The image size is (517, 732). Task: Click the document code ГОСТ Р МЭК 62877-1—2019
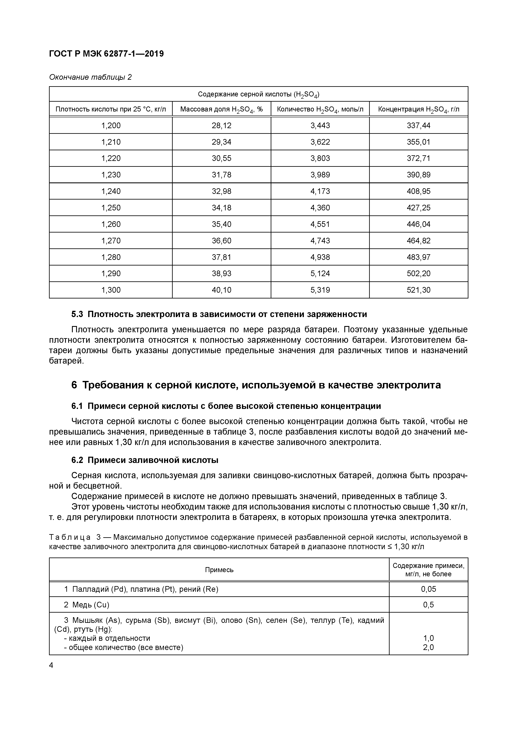[x=106, y=54]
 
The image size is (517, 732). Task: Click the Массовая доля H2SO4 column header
[x=221, y=109]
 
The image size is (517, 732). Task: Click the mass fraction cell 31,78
[x=221, y=175]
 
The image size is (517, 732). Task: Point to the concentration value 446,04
[x=418, y=224]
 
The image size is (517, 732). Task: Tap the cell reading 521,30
[x=418, y=290]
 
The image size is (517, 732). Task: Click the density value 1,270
[x=111, y=241]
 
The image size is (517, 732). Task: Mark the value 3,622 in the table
[x=320, y=142]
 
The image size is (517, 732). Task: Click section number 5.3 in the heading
[x=77, y=314]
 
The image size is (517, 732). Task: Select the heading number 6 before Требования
[x=74, y=385]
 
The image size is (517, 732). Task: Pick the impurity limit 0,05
[x=428, y=589]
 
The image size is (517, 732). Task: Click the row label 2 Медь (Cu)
[x=87, y=605]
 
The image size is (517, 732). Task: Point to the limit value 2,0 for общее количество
[x=428, y=647]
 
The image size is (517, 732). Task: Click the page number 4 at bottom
[x=51, y=665]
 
